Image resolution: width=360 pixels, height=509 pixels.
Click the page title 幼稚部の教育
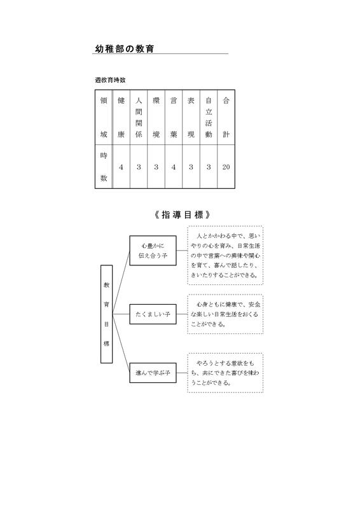coord(124,49)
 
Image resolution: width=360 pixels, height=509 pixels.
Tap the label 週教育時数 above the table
coord(111,80)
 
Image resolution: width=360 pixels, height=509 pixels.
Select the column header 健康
coord(121,117)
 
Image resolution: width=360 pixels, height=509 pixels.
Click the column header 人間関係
coord(139,117)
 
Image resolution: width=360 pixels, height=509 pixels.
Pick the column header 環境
coord(156,117)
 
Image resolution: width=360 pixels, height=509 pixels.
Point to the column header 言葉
coord(174,117)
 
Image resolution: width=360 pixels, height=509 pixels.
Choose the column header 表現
coord(191,117)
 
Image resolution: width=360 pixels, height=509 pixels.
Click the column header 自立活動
coord(209,117)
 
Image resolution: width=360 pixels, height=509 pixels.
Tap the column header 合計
coord(226,117)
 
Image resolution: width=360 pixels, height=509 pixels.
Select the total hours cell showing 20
coord(226,167)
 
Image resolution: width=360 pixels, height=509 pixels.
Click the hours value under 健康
coord(121,167)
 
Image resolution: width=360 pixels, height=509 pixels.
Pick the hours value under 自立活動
coord(209,167)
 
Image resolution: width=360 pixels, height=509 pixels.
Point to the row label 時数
coord(104,167)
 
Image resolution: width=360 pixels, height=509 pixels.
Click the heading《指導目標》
coord(182,214)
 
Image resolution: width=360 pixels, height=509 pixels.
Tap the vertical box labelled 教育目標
coord(106,314)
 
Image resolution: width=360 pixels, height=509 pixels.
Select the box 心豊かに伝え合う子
coord(153,250)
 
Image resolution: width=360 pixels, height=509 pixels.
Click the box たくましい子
coord(153,314)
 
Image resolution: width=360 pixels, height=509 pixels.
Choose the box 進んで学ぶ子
coord(153,373)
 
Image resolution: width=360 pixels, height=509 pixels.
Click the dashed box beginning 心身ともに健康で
coord(225,314)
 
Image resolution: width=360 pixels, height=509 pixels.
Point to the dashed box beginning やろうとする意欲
coord(225,373)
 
